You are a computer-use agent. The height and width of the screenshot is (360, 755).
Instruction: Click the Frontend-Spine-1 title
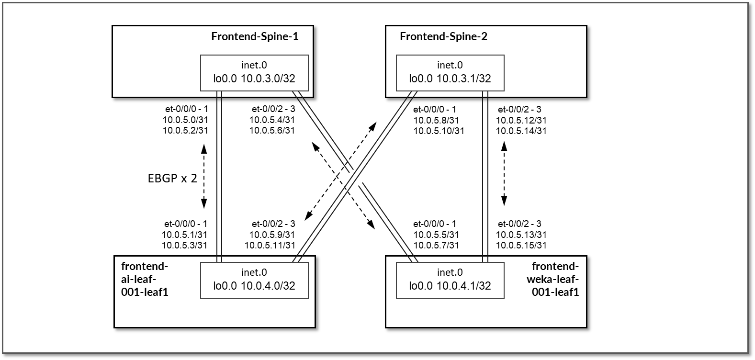(x=255, y=36)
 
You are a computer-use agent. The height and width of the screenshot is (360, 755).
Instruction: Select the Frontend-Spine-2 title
(x=443, y=36)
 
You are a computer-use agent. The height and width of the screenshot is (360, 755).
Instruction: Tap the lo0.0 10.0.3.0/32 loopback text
(x=254, y=79)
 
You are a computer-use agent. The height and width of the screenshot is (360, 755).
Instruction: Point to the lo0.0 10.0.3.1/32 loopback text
(x=450, y=79)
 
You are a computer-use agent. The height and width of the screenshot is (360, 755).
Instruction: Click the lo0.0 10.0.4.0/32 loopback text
(x=254, y=286)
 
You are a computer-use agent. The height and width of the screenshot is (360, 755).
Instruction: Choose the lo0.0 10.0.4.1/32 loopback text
(x=450, y=286)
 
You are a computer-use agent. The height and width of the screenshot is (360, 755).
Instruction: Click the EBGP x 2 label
(x=172, y=179)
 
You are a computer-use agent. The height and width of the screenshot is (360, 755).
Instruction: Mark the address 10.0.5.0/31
(x=186, y=120)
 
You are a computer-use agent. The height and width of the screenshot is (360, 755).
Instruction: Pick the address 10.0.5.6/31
(x=272, y=130)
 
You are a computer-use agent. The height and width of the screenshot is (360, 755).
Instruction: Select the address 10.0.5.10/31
(x=439, y=131)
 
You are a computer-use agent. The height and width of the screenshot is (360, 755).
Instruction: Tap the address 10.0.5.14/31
(x=521, y=131)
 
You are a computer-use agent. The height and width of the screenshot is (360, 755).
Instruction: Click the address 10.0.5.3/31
(x=184, y=245)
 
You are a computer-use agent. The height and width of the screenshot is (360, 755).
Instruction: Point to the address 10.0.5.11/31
(x=270, y=245)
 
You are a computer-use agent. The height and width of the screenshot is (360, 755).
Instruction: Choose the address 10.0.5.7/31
(x=436, y=245)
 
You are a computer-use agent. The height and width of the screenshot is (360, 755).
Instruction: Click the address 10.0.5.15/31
(x=521, y=245)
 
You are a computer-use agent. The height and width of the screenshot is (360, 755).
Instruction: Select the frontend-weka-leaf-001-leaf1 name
(x=555, y=279)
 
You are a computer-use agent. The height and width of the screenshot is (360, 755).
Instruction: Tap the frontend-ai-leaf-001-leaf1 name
(x=145, y=279)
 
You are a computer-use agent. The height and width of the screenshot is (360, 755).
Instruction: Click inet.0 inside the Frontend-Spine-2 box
(x=450, y=65)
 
